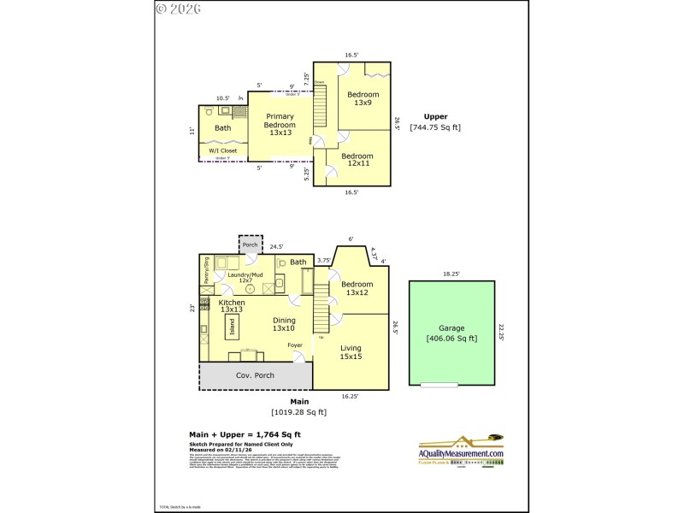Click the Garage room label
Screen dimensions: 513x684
pyautogui.click(x=451, y=333)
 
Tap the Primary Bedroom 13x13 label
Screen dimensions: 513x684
pyautogui.click(x=280, y=125)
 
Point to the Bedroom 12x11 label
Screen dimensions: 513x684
pyautogui.click(x=357, y=161)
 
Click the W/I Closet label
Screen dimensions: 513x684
pyautogui.click(x=223, y=150)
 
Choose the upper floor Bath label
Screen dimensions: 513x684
pyautogui.click(x=222, y=128)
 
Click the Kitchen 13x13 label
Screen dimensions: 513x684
pyautogui.click(x=232, y=307)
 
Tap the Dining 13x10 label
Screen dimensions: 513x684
pyautogui.click(x=283, y=323)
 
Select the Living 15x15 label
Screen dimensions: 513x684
pyautogui.click(x=351, y=352)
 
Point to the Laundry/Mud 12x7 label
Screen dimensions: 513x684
pyautogui.click(x=245, y=277)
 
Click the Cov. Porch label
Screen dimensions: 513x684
pyautogui.click(x=254, y=375)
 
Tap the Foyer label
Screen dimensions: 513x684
pyautogui.click(x=295, y=345)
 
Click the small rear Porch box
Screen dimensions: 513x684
pyautogui.click(x=250, y=245)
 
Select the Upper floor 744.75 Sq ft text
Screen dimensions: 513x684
pyautogui.click(x=435, y=122)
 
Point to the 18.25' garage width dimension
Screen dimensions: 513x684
pyautogui.click(x=451, y=274)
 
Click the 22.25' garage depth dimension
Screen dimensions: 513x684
pyautogui.click(x=502, y=333)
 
